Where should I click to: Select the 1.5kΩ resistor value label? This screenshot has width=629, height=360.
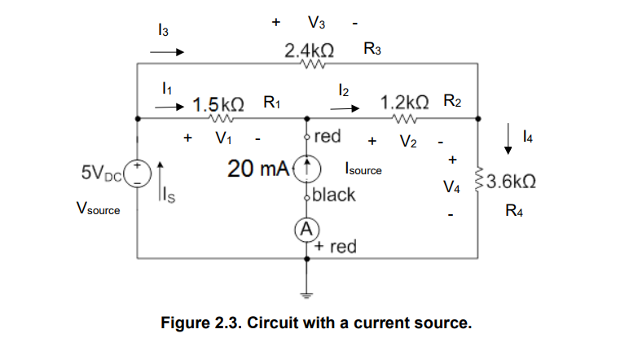pos(218,104)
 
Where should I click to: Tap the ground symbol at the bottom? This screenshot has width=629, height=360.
pos(307,294)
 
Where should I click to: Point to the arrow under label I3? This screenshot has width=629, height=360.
pos(167,50)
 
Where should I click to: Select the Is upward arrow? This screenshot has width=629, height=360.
pos(161,181)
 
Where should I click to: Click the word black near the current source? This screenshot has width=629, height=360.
pos(334,195)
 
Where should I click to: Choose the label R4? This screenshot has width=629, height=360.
pos(513,212)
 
